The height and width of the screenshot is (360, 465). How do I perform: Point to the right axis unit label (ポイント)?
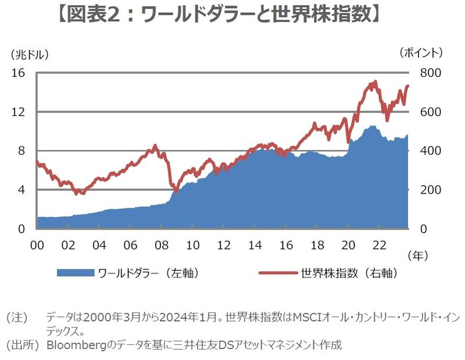[x=422, y=53]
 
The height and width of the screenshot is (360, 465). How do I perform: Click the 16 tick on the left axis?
[x=19, y=73]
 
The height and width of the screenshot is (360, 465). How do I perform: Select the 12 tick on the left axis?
[x=19, y=112]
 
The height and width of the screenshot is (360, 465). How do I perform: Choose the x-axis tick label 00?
[x=37, y=244]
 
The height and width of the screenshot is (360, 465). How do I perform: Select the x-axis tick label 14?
[x=255, y=244]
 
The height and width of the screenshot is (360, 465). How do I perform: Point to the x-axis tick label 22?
[x=378, y=244]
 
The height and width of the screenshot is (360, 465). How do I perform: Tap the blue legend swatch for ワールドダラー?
[x=75, y=273]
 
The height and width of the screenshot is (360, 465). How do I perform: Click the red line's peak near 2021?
[x=375, y=82]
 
